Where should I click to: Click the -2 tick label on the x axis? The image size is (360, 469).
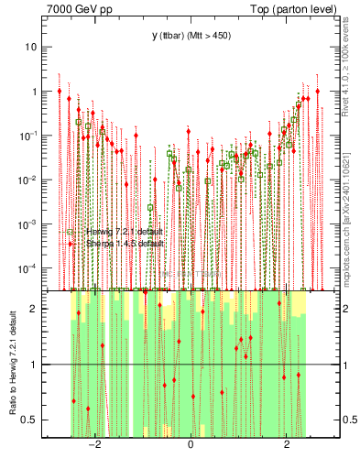[93, 444]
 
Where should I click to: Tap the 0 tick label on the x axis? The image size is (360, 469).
[190, 444]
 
